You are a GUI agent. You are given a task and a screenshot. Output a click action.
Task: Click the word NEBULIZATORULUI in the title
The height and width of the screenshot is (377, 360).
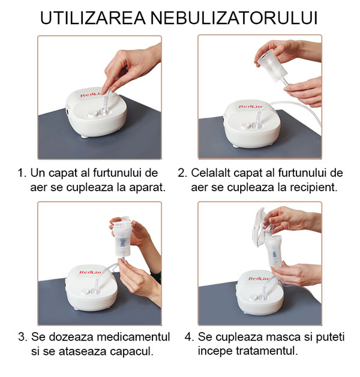[x=234, y=17]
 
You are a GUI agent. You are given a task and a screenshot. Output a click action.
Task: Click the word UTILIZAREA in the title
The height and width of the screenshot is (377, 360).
[x=92, y=17]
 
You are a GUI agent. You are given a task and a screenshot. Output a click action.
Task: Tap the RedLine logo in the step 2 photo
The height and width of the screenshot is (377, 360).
[x=251, y=106]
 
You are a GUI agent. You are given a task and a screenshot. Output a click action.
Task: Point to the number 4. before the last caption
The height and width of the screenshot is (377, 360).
[x=189, y=337]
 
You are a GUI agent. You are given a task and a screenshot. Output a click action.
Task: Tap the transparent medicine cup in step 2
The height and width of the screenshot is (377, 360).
[x=271, y=66]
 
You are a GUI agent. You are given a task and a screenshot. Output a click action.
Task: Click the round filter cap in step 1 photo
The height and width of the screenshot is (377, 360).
[x=93, y=113]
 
